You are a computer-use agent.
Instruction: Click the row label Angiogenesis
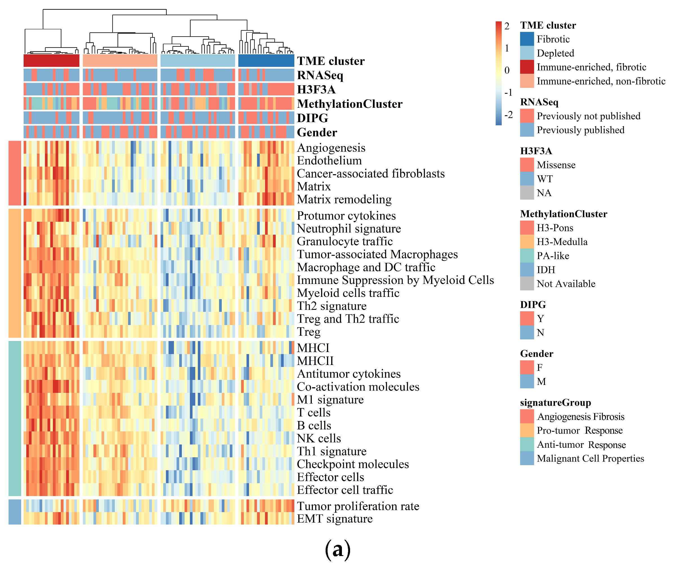pyautogui.click(x=331, y=148)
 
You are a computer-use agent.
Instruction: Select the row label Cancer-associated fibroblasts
pyautogui.click(x=370, y=174)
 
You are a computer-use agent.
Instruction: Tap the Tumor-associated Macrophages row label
pyautogui.click(x=377, y=254)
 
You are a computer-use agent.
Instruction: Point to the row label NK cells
pyautogui.click(x=319, y=438)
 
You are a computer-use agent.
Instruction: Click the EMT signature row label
pyautogui.click(x=335, y=519)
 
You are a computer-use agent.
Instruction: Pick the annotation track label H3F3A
pyautogui.click(x=316, y=89)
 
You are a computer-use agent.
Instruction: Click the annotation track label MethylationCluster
pyautogui.click(x=350, y=104)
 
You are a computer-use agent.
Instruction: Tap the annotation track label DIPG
pyautogui.click(x=312, y=118)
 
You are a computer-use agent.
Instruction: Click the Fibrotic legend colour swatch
pyautogui.click(x=527, y=39)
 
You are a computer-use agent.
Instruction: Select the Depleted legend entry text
pyautogui.click(x=555, y=53)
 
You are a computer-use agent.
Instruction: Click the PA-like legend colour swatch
pyautogui.click(x=527, y=256)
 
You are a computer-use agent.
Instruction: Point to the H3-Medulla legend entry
pyautogui.click(x=562, y=242)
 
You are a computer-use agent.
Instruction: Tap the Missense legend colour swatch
pyautogui.click(x=527, y=165)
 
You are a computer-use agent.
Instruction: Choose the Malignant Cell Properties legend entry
pyautogui.click(x=590, y=458)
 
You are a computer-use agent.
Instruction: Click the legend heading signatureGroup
pyautogui.click(x=555, y=403)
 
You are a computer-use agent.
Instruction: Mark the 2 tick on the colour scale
pyautogui.click(x=507, y=26)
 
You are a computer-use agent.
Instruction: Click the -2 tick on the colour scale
pyautogui.click(x=508, y=115)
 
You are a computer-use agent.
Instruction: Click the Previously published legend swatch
pyautogui.click(x=527, y=130)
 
